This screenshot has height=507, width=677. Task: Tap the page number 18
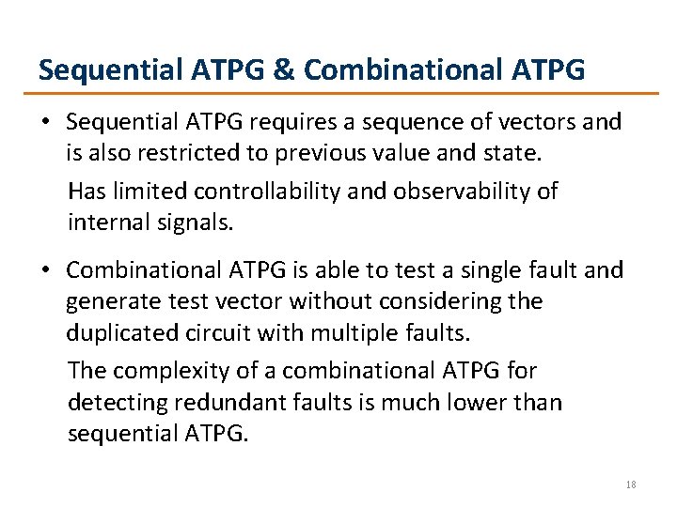point(631,484)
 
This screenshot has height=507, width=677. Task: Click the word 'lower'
point(480,404)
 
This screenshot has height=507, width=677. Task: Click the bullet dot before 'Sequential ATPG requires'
point(47,122)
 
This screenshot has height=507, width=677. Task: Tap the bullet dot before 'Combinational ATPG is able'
point(47,271)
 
